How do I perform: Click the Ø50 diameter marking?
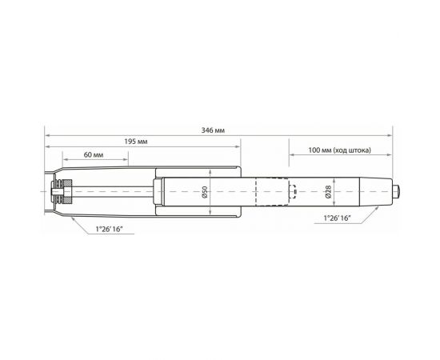[x=206, y=192]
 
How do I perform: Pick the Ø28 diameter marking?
[x=329, y=192]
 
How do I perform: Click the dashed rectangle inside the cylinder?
[x=270, y=192]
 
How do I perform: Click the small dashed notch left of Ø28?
[x=293, y=192]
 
